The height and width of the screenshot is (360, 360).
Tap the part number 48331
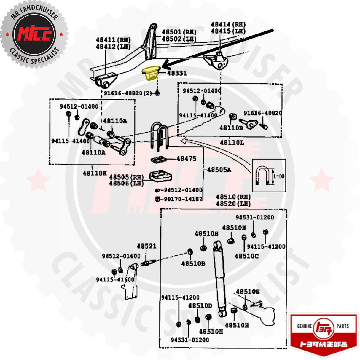pos(177,73)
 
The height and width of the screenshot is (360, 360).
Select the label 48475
pos(186,159)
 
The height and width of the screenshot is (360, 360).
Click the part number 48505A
pos(219,170)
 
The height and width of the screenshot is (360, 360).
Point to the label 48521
pos(146,246)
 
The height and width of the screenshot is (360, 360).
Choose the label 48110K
pos(95,173)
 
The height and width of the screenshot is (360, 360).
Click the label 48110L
pos(232,143)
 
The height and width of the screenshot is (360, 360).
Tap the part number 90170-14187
pos(183,199)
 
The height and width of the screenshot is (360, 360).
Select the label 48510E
pos(248,292)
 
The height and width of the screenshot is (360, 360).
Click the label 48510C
pos(246,256)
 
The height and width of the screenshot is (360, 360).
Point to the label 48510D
pos(200,305)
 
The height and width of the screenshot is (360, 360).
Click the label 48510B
pos(193,263)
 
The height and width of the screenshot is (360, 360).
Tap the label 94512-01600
pos(121,256)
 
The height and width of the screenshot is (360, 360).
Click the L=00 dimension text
pos(279,176)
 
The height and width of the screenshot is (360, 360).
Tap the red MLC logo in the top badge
pos(35,34)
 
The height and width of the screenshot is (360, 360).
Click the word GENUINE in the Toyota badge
pos(305,326)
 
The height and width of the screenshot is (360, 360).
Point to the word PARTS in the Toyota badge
pos(343,326)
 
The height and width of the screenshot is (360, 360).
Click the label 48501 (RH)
pos(179,32)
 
